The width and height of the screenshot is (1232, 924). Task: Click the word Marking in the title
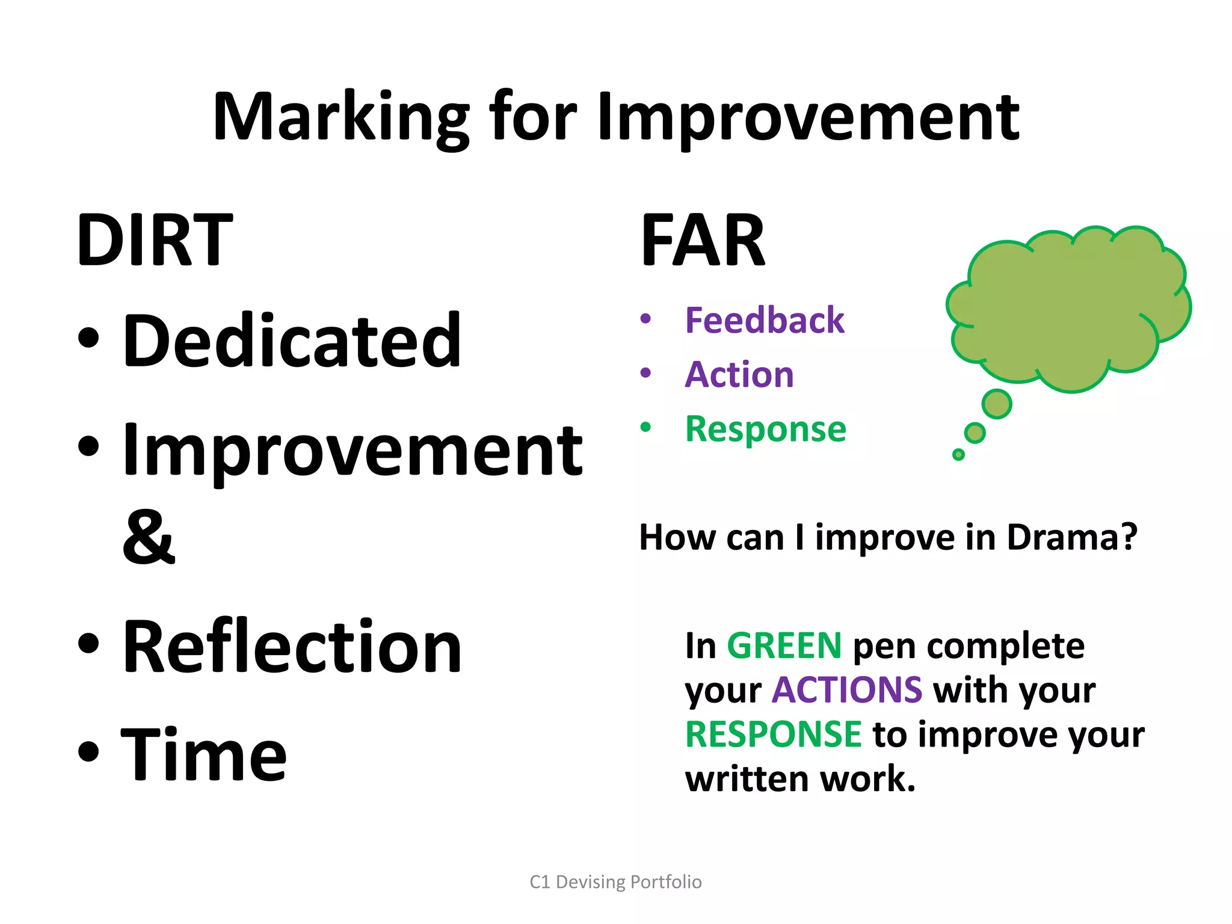pos(340,117)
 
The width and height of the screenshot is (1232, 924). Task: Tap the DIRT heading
pos(155,241)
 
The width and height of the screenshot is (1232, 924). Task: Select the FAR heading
pos(703,241)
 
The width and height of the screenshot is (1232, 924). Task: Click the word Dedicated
pos(292,341)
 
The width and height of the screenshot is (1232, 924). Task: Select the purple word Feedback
pos(765,320)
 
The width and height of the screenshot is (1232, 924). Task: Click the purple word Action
pos(739,374)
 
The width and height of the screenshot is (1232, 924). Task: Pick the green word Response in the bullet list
pos(766,429)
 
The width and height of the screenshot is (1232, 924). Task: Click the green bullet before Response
pos(645,428)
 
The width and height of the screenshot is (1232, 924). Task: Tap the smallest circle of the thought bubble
pos(958,455)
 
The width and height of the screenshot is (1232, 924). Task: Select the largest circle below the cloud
pos(997,404)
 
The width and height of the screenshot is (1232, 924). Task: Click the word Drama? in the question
pos(1072,537)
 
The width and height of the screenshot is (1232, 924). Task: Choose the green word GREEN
pos(784,645)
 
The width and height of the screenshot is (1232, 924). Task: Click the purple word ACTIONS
pos(847,689)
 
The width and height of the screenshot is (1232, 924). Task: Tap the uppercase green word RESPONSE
pos(774,734)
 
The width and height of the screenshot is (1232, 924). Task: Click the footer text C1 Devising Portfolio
pos(615,882)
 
